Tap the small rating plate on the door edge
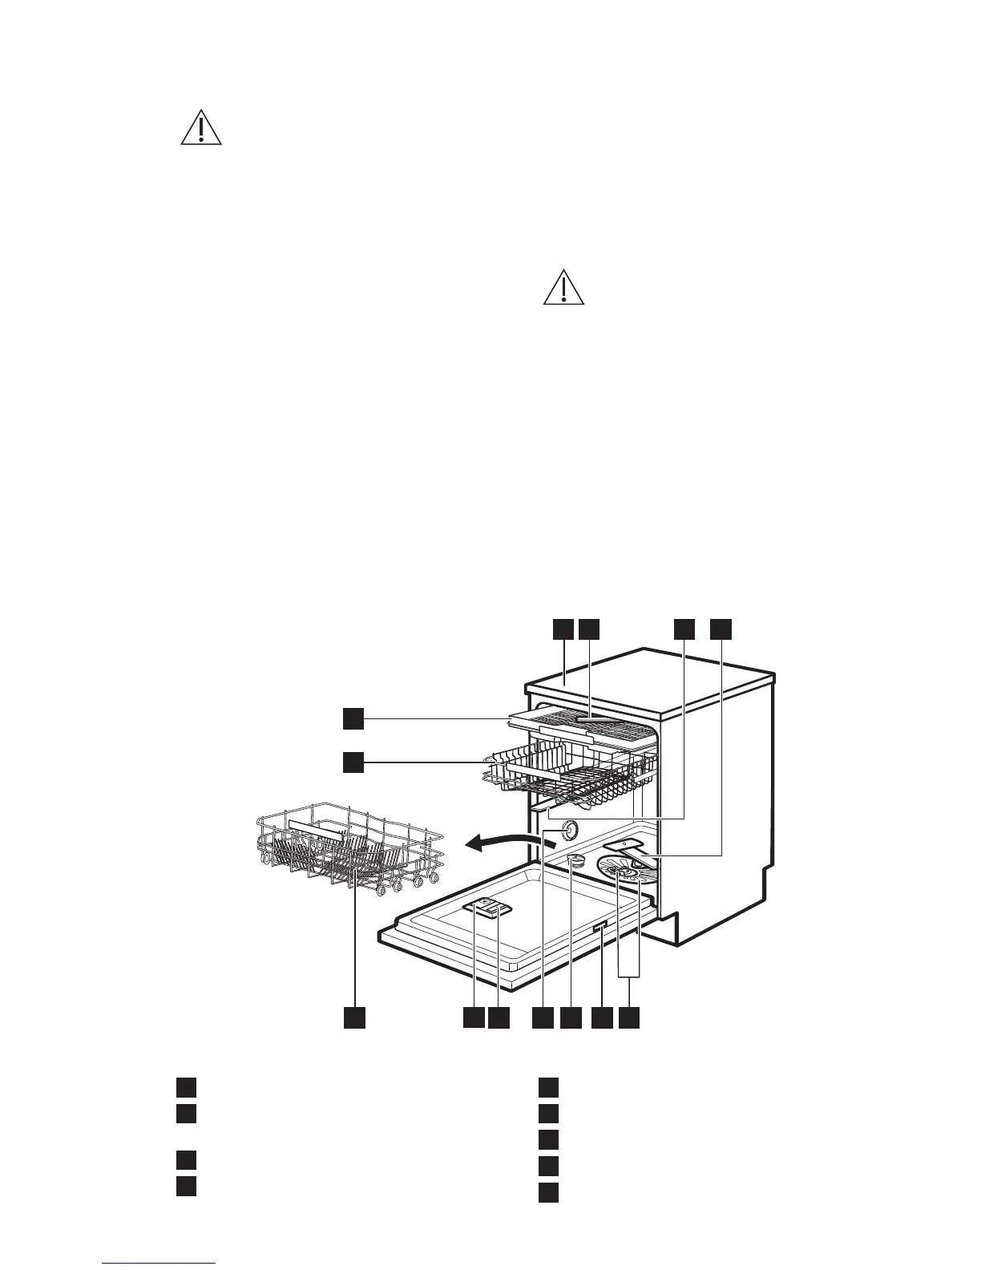[599, 928]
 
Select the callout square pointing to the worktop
[563, 629]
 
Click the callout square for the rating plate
[600, 1017]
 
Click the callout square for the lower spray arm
[721, 629]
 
